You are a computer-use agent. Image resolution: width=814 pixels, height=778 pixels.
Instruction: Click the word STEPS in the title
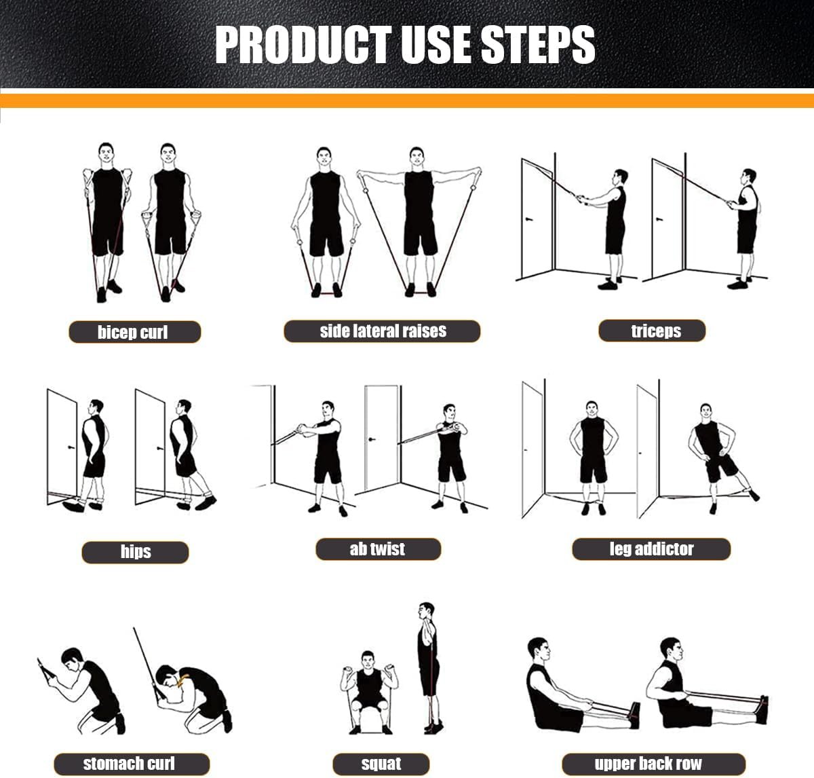(x=538, y=45)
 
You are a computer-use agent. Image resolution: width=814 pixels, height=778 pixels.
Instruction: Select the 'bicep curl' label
(x=134, y=332)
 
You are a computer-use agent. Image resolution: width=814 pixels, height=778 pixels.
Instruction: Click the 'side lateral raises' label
(x=382, y=331)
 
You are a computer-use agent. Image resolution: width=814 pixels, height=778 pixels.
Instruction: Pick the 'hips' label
(x=135, y=551)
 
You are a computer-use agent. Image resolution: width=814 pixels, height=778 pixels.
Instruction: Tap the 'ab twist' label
(x=377, y=549)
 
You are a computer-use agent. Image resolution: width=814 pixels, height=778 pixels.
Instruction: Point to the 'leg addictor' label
(x=651, y=549)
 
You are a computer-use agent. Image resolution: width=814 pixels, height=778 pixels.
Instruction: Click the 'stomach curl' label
(x=130, y=763)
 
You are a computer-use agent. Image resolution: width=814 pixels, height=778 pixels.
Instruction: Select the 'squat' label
(x=381, y=763)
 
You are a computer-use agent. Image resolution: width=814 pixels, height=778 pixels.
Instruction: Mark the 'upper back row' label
(x=648, y=763)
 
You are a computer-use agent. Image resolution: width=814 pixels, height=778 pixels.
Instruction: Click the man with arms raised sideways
(x=419, y=217)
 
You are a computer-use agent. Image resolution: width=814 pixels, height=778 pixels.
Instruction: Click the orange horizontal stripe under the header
(x=407, y=100)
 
